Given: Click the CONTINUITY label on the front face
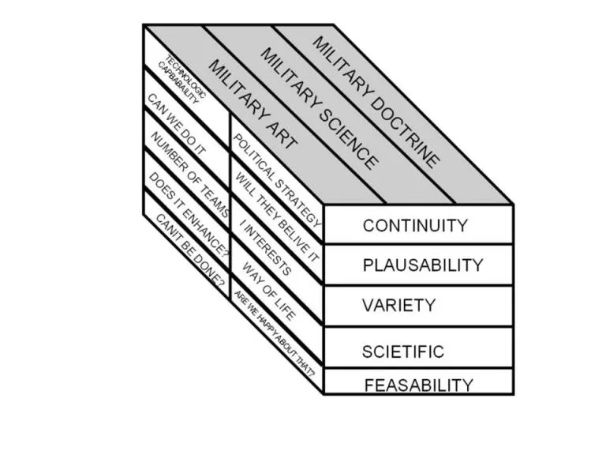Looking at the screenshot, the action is pyautogui.click(x=415, y=226).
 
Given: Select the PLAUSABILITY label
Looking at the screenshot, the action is pyautogui.click(x=423, y=265).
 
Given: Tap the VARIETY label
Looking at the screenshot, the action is pyautogui.click(x=398, y=305).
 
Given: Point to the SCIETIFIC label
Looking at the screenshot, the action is pyautogui.click(x=402, y=352).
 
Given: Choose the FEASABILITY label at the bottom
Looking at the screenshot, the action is pyautogui.click(x=418, y=385).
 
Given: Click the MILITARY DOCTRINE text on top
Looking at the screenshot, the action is pyautogui.click(x=376, y=102).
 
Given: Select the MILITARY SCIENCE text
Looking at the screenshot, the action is pyautogui.click(x=320, y=109).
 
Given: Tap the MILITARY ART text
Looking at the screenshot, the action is pyautogui.click(x=252, y=104).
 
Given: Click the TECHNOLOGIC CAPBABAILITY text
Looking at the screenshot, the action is pyautogui.click(x=181, y=79).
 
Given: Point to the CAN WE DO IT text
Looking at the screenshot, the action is pyautogui.click(x=177, y=124).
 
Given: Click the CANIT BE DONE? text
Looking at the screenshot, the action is pyautogui.click(x=190, y=252).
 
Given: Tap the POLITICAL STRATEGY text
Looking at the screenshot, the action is pyautogui.click(x=277, y=180).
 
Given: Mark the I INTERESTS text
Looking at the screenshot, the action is pyautogui.click(x=265, y=247).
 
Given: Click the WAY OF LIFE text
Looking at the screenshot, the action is pyautogui.click(x=269, y=291).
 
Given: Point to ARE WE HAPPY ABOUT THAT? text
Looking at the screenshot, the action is pyautogui.click(x=275, y=333).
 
